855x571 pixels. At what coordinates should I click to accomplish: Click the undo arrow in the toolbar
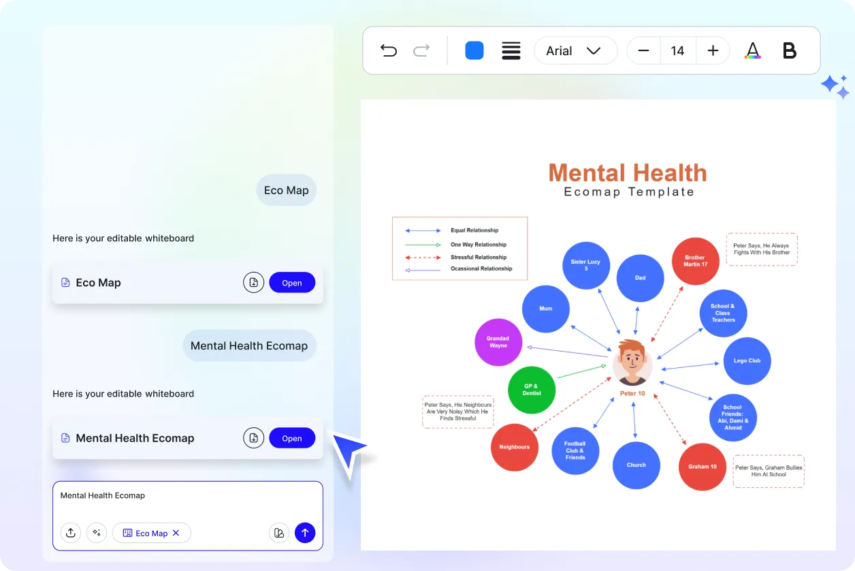(389, 50)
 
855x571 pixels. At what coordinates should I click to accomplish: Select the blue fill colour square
(474, 50)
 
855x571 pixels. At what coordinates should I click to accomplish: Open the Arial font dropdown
(575, 50)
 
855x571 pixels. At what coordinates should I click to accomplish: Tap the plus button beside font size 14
(713, 50)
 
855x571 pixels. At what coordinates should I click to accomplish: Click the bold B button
(790, 50)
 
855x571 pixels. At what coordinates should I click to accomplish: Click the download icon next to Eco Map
(253, 282)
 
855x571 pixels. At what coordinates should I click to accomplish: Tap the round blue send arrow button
(305, 533)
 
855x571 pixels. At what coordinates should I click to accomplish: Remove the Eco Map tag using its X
(176, 533)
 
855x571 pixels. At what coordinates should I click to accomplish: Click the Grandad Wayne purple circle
(498, 342)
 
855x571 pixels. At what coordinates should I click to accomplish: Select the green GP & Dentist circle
(532, 390)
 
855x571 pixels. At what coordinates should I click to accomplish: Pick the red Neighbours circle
(515, 447)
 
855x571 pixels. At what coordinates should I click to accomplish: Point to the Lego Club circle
(747, 360)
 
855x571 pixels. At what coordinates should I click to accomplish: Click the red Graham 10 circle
(703, 467)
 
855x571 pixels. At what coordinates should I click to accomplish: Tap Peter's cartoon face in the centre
(632, 362)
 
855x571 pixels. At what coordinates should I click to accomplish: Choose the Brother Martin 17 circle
(695, 261)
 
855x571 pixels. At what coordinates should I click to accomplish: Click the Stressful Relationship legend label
(479, 258)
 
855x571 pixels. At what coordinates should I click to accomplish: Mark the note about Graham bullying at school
(769, 471)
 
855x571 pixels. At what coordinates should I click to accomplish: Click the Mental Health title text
(628, 172)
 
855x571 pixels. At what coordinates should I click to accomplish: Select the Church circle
(636, 465)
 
